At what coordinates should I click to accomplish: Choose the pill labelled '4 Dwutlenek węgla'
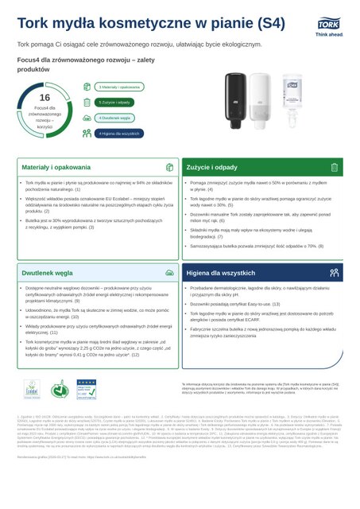pos(114,117)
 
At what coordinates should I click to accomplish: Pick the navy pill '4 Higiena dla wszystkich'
pos(118,133)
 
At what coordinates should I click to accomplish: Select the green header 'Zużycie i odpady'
pos(211,169)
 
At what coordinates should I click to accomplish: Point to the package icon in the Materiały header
pos(168,169)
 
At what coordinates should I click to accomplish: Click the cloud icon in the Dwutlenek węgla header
pos(168,271)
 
